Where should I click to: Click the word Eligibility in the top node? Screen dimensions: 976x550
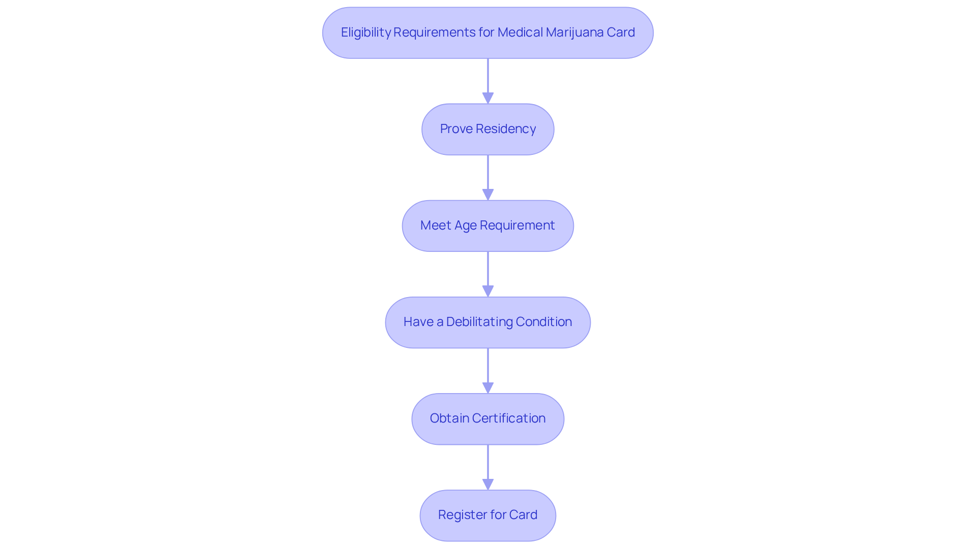[366, 33]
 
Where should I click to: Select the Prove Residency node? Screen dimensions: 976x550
[488, 130]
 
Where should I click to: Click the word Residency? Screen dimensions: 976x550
[506, 129]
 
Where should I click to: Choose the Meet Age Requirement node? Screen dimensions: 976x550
[488, 226]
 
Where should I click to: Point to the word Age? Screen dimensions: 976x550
[465, 226]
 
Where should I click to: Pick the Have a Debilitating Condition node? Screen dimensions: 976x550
[488, 322]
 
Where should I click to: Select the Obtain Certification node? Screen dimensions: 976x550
[488, 419]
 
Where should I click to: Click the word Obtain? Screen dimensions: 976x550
[449, 418]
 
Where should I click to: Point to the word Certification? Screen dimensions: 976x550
[509, 418]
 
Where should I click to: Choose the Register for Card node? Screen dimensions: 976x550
[488, 515]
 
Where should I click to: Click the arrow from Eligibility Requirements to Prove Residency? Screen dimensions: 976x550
[488, 81]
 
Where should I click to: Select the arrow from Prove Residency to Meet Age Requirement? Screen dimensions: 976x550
[488, 178]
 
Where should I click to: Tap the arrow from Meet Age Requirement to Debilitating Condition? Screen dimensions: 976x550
[488, 274]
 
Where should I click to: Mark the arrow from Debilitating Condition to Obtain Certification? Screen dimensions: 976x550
[488, 371]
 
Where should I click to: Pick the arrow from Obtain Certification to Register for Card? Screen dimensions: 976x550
[488, 467]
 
